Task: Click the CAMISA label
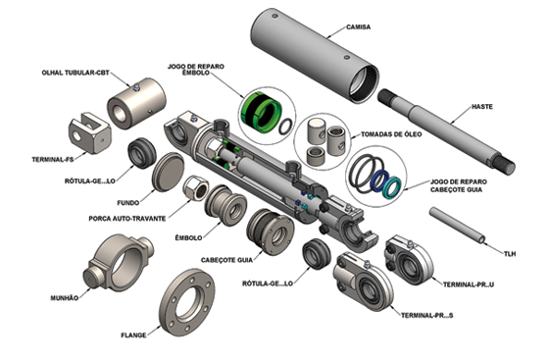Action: pyautogui.click(x=358, y=26)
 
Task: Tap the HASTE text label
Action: pyautogui.click(x=482, y=107)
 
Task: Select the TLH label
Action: pyautogui.click(x=510, y=254)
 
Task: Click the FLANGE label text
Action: pyautogui.click(x=133, y=335)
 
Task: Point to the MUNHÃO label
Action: pyautogui.click(x=65, y=298)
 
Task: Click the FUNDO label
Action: pyautogui.click(x=127, y=203)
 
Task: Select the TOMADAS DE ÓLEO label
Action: pyautogui.click(x=391, y=134)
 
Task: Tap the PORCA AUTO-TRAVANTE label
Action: pyautogui.click(x=127, y=219)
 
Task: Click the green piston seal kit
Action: pyautogui.click(x=261, y=112)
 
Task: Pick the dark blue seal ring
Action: pyautogui.click(x=380, y=181)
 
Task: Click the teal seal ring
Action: pyautogui.click(x=392, y=187)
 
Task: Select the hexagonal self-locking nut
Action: pyautogui.click(x=196, y=187)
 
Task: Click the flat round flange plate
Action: pyautogui.click(x=187, y=302)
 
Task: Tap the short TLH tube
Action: pyautogui.click(x=458, y=225)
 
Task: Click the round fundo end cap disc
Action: pyautogui.click(x=168, y=172)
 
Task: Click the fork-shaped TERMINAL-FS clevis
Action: pyautogui.click(x=89, y=133)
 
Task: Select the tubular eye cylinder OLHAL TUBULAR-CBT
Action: pyautogui.click(x=136, y=104)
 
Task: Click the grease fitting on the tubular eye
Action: pyautogui.click(x=136, y=87)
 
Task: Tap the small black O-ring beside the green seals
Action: pyautogui.click(x=286, y=127)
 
